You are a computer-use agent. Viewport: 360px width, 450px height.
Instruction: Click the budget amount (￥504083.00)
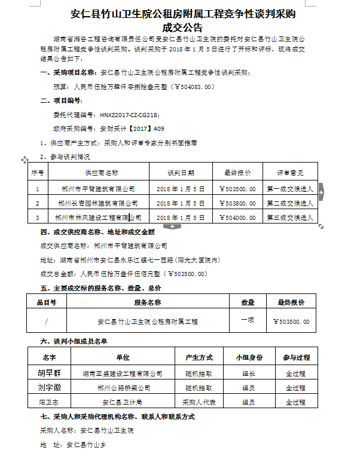click(x=185, y=87)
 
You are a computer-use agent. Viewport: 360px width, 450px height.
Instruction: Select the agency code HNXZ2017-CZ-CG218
click(x=129, y=114)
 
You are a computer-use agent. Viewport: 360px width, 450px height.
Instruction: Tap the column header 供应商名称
click(x=101, y=172)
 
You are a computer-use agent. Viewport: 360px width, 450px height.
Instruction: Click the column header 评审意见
click(x=290, y=172)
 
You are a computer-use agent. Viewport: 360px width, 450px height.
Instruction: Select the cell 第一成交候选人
click(x=290, y=189)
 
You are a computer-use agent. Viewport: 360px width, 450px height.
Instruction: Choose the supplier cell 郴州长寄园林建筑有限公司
click(x=99, y=203)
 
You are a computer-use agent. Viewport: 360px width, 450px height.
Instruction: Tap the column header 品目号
click(x=46, y=302)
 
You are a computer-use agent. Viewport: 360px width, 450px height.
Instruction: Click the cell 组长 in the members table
click(x=249, y=373)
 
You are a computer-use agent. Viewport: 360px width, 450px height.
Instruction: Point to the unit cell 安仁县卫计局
click(x=123, y=402)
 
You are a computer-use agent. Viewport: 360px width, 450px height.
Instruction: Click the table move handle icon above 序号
click(x=25, y=160)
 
